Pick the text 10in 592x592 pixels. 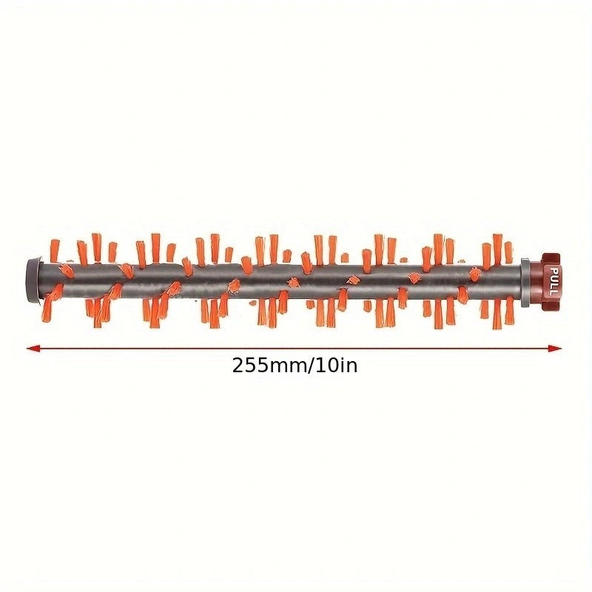click(333, 366)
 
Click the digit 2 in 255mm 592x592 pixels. click(238, 366)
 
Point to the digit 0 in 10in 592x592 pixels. click(328, 366)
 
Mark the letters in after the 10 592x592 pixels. click(347, 366)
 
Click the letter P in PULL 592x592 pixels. click(551, 270)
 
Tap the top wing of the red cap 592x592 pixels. click(548, 258)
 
